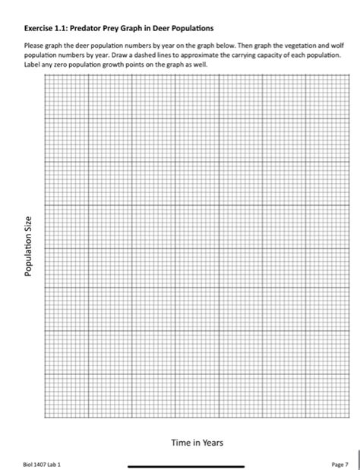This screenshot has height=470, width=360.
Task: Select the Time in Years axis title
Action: click(196, 442)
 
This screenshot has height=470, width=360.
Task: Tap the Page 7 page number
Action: click(339, 463)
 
